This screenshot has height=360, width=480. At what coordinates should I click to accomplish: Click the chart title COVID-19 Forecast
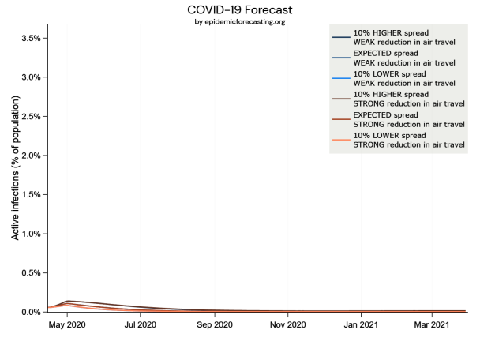point(239,10)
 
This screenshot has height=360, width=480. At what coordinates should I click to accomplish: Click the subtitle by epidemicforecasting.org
point(239,21)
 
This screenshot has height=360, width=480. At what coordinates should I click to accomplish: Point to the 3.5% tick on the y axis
point(30,38)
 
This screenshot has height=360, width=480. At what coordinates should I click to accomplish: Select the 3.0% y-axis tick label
point(30,77)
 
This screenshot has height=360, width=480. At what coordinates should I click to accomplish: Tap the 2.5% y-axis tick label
point(30,116)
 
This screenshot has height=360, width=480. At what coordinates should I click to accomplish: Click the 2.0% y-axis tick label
point(30,156)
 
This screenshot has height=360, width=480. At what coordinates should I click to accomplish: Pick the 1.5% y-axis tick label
point(30,194)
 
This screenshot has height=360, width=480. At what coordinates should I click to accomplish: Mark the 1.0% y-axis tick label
point(30,234)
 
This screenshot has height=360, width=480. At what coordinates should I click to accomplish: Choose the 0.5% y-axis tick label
point(30,273)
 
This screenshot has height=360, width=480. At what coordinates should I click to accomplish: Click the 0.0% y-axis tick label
point(30,312)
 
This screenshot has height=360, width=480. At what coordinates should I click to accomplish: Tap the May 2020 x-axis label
point(67,324)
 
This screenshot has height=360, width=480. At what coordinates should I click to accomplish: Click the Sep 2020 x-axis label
point(214,324)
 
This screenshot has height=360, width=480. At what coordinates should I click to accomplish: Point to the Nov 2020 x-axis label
point(287,324)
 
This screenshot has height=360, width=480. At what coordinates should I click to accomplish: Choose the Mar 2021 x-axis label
point(432,324)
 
